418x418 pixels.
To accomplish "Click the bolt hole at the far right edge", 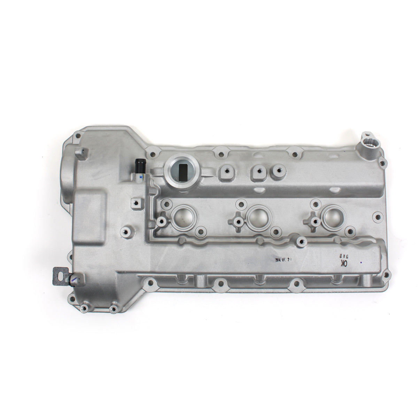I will pos(377,217).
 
